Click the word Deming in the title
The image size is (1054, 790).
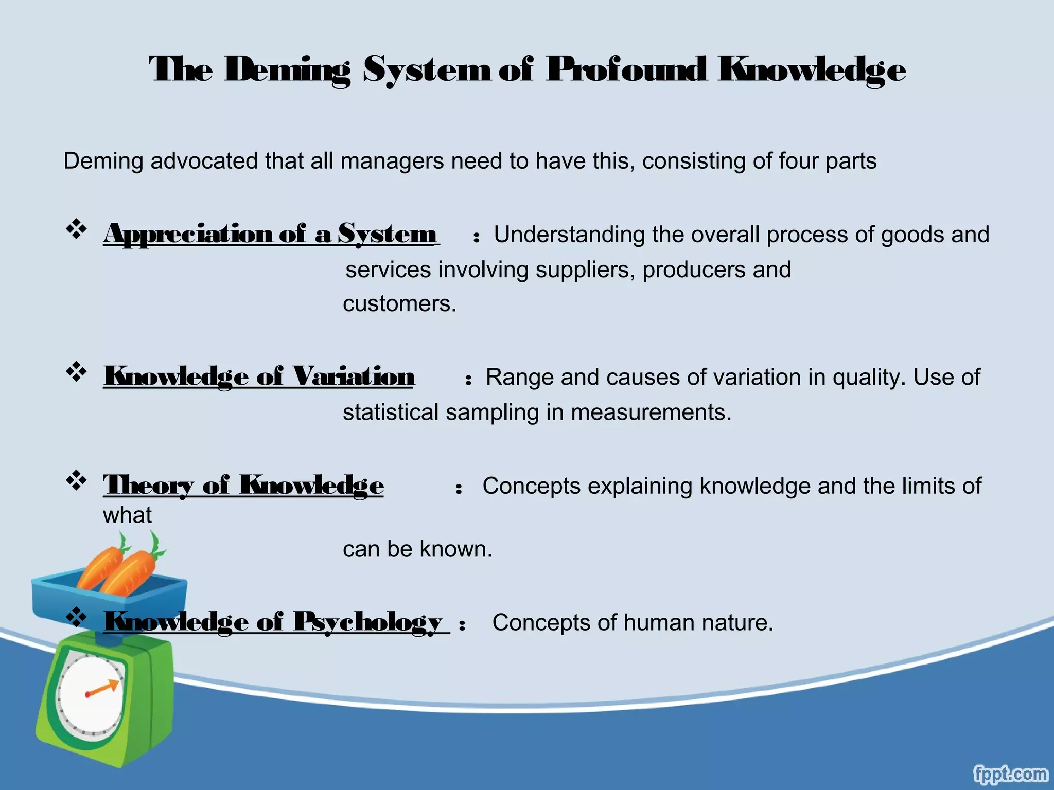287,70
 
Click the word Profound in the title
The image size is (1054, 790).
625,70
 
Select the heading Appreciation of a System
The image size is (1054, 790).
270,235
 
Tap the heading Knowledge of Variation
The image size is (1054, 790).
259,376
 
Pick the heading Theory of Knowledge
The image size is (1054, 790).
243,485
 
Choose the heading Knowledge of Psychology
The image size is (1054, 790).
273,622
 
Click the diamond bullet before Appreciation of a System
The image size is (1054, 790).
76,229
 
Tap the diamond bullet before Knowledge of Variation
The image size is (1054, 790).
76,371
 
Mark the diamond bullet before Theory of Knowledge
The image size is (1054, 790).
76,480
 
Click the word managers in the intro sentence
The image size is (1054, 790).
392,161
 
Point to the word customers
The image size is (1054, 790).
399,303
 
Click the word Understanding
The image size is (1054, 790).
569,235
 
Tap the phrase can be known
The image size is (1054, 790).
417,549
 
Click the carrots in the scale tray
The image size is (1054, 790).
121,566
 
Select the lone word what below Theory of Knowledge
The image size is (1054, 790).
127,515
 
